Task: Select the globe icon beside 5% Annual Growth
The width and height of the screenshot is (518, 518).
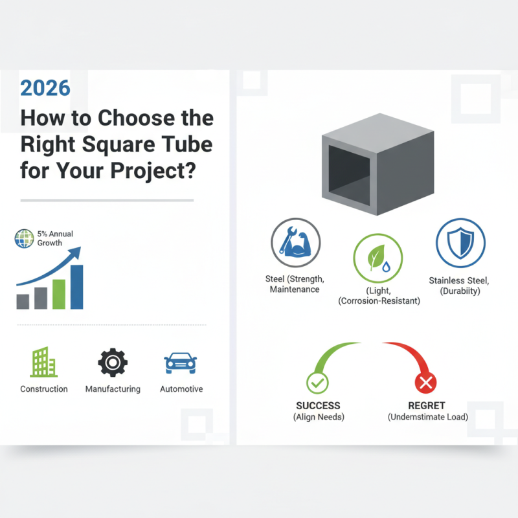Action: [23, 238]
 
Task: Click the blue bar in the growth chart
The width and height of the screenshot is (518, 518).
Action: [76, 287]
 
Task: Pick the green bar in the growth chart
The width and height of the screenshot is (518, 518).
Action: [59, 294]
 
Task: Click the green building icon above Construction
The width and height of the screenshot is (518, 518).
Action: [43, 362]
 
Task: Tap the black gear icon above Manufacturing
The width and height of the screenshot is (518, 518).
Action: [113, 363]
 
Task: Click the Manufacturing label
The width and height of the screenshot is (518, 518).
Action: [113, 389]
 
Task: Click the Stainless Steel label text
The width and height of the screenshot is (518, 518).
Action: [459, 280]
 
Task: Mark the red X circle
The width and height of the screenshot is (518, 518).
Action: [426, 384]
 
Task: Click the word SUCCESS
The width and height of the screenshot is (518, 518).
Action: [318, 405]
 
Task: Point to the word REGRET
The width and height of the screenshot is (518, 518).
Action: [426, 405]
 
